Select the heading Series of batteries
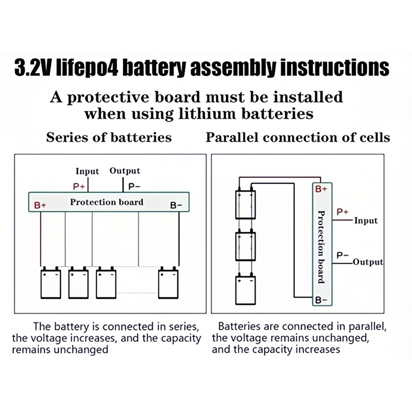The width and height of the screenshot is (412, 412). point(109,138)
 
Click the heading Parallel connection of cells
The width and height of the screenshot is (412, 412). point(298,138)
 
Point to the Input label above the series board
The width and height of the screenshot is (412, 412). point(88,171)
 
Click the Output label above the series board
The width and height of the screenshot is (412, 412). point(125,170)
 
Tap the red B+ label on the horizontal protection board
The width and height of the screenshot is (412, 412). point(40,205)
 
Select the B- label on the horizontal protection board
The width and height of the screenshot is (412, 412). point(176,205)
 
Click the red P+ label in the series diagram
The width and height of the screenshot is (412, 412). point(79,186)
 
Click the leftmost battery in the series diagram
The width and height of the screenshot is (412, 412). point(51,283)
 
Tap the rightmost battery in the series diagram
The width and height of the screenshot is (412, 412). point(168,283)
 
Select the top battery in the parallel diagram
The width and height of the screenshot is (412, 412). point(245,205)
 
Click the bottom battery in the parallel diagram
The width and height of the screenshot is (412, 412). point(245,290)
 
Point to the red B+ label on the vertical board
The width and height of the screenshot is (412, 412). point(321,189)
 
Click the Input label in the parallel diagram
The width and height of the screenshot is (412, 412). point(366,220)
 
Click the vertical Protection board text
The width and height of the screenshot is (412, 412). point(320,246)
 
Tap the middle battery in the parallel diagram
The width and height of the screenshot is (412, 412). point(245,248)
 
